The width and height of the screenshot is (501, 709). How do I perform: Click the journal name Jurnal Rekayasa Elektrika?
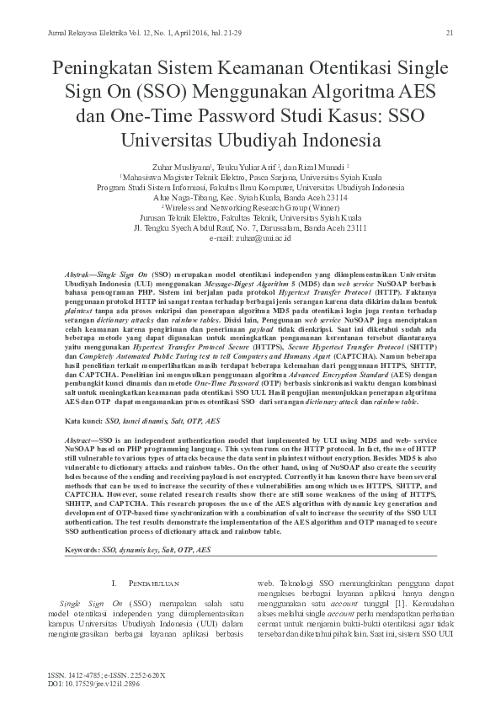tap(78, 33)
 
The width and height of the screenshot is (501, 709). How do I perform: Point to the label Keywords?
tap(82, 549)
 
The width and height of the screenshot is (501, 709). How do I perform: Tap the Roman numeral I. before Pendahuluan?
tap(114, 584)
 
